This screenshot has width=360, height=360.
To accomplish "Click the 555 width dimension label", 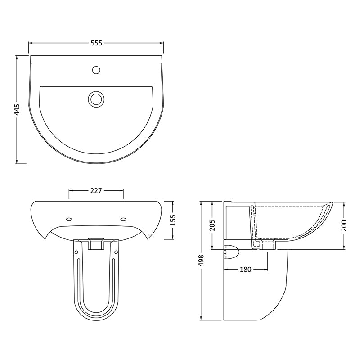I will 97,43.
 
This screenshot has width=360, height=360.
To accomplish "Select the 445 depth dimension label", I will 17,109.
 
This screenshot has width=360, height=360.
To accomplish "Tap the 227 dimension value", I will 95,190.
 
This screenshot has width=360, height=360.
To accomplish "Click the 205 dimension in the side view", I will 212,224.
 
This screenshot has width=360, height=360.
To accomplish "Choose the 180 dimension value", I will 246,270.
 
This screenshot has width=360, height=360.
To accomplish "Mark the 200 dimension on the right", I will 344,225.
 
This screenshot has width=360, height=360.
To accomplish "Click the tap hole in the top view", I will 96,70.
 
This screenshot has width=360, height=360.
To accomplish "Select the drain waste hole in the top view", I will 96,98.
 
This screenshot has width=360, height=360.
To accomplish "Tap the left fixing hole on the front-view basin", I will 68,220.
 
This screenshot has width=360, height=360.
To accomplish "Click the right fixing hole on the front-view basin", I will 123,220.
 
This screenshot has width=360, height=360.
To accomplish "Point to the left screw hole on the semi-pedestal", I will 76,252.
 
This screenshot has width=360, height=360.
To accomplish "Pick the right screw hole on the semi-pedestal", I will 116,252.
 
